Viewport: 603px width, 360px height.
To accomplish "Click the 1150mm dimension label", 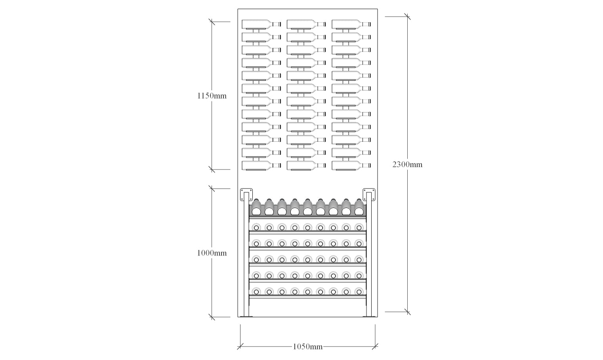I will pos(212,96).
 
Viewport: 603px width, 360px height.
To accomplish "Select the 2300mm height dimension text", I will pos(407,165).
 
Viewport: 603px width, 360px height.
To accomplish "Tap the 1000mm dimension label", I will pos(212,253).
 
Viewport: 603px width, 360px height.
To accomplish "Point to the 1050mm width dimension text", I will pos(307,347).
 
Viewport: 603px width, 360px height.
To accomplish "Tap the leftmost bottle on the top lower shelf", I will pos(256,208).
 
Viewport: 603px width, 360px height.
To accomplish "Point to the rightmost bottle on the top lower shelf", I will pos(359,208).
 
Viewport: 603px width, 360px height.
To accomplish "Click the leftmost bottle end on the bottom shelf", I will pos(256,292).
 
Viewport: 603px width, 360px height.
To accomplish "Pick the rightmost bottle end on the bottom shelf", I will pos(359,292).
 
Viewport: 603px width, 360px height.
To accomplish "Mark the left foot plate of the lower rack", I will pos(246,316).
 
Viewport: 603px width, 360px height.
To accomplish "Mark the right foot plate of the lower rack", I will pos(370,316).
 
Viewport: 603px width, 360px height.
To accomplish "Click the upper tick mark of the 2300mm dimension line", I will pos(407,17).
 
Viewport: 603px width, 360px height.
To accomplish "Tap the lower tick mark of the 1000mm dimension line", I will pos(212,317).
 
